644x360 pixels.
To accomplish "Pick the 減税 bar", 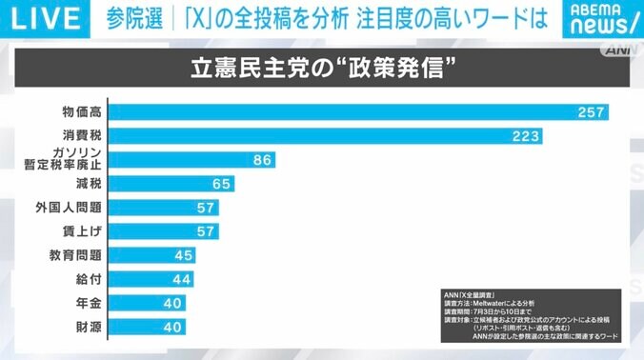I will pyautogui.click(x=171, y=184).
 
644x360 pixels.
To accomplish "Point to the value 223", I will pyautogui.click(x=526, y=137).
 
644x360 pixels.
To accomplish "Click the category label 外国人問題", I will pyautogui.click(x=76, y=208).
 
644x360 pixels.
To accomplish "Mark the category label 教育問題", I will pyautogui.click(x=76, y=255).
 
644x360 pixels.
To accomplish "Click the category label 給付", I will pyautogui.click(x=89, y=279).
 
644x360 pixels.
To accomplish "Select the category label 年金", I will pyautogui.click(x=89, y=303).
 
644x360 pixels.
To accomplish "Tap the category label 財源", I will pyautogui.click(x=89, y=327).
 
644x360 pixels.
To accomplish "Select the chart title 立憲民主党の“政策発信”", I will pyautogui.click(x=321, y=70).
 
